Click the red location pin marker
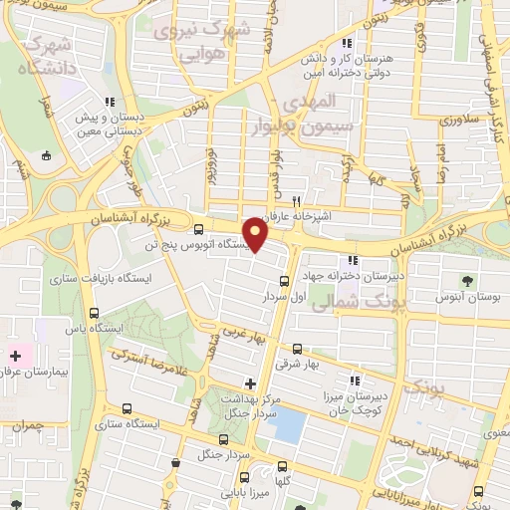pos(256,235)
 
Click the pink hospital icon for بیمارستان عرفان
pos(16,354)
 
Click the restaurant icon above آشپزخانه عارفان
pos(296,200)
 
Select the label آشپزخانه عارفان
pos(295,215)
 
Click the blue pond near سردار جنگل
pos(286,425)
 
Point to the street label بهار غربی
pos(245,336)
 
